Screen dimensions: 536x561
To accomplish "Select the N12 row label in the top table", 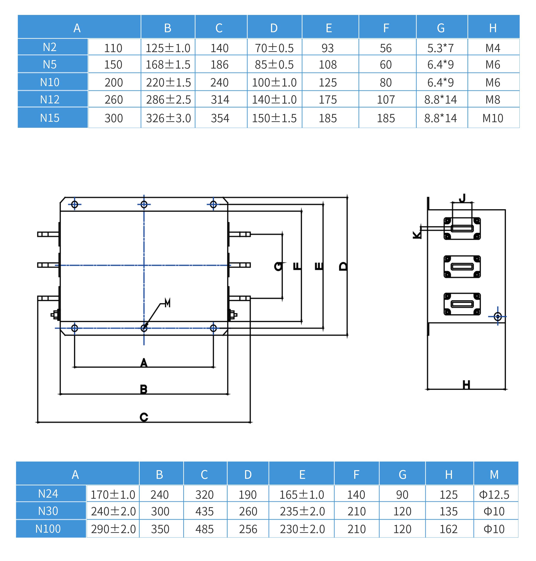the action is (x=50, y=99).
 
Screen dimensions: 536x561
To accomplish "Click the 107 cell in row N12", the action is (x=386, y=99).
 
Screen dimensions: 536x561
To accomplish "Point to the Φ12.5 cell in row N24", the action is (x=494, y=495).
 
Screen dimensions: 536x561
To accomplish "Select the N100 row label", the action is (x=48, y=529).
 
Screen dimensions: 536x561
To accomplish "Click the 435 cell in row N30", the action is (x=205, y=511).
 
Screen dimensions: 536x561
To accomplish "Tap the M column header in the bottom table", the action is (x=494, y=475).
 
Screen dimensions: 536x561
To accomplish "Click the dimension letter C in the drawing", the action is (x=144, y=417).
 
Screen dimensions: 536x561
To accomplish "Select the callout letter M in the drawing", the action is (x=168, y=303).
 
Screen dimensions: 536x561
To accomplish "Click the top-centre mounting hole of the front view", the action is (x=144, y=204).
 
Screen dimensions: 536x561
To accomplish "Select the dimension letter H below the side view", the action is (x=466, y=385).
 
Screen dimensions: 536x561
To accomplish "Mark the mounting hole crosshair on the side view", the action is (x=498, y=317).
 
